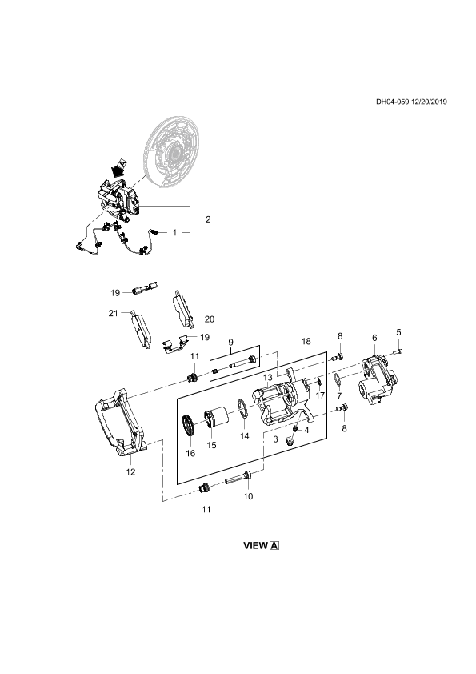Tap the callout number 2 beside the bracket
coord(208,219)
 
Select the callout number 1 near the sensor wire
coord(174,233)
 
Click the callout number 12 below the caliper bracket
coord(130,472)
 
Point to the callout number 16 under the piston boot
coord(190,453)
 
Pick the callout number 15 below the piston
coord(211,445)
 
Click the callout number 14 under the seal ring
coord(245,436)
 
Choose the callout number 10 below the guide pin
coord(248,496)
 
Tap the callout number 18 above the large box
coord(306,341)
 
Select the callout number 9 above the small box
coord(230,342)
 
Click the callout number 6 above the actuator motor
coord(374,339)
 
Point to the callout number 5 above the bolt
coord(398,332)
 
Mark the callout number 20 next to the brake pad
coord(210,319)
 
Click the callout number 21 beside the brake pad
coord(113,313)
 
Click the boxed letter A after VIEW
coord(274,546)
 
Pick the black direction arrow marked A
coord(118,169)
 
